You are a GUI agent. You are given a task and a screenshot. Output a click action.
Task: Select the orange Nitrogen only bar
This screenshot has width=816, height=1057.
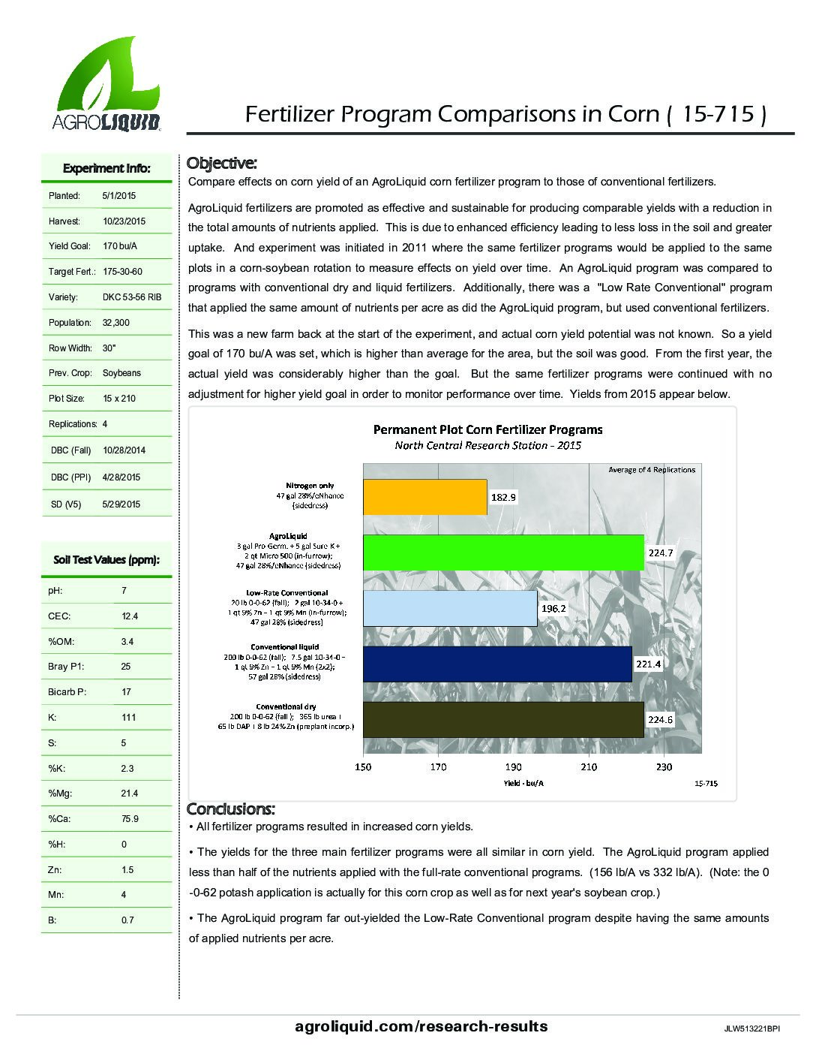point(424,496)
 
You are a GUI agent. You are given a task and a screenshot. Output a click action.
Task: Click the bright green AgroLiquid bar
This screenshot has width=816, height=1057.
point(502,553)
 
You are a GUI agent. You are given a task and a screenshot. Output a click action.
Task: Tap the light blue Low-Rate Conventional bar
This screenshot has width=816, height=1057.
point(449,608)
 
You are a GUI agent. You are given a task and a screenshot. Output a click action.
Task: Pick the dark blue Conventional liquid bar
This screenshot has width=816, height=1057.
point(496,664)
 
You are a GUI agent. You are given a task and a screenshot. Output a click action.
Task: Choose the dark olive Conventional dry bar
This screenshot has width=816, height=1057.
point(502,720)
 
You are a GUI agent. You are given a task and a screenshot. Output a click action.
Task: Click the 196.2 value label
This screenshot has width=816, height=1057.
point(553,608)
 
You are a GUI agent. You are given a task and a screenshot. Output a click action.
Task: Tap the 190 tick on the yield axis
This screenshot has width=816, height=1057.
point(514,766)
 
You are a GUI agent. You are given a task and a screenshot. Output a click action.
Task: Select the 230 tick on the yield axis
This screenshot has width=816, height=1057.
point(664,766)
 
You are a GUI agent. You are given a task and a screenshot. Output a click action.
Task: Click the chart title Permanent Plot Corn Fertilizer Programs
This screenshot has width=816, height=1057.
point(488,429)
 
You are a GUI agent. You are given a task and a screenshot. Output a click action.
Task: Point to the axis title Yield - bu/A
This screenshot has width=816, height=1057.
point(523,783)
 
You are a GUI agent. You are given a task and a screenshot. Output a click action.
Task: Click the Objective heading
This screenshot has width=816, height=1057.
point(222,163)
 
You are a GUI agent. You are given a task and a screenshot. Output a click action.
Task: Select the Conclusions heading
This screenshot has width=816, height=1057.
point(231,809)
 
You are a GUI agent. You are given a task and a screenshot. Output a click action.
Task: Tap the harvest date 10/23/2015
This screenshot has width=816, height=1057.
point(124,221)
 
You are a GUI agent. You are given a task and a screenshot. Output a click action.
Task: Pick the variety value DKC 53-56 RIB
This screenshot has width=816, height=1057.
point(132,297)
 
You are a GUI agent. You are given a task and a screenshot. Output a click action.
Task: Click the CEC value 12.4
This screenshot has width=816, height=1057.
point(130,616)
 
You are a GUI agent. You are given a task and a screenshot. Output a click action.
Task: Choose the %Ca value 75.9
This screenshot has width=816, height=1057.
point(130,819)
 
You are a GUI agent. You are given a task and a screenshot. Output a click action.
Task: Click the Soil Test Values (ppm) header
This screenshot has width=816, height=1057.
point(106,560)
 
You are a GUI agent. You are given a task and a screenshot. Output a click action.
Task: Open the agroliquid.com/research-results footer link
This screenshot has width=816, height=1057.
point(421,1026)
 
